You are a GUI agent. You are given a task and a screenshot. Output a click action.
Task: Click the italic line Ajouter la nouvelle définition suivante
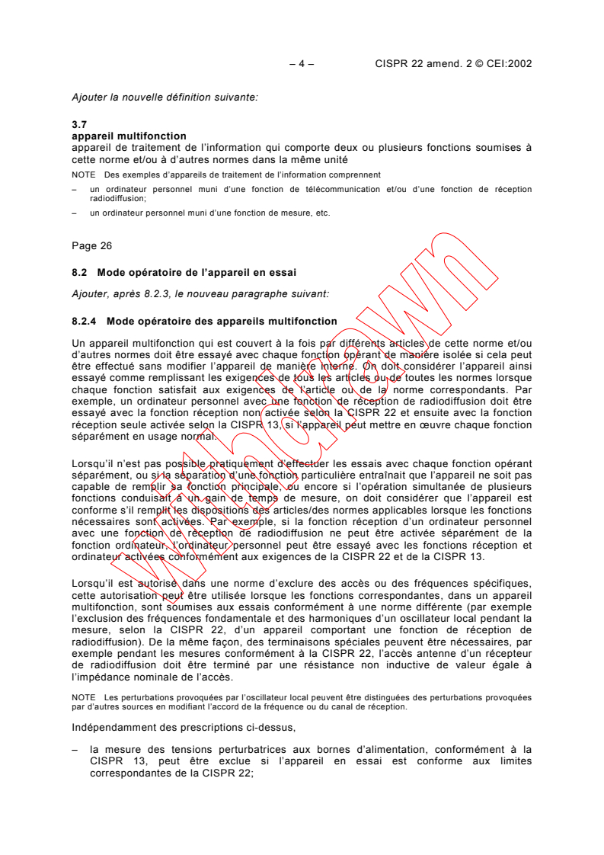click(x=165, y=97)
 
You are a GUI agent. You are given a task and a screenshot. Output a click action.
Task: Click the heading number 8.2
click(x=80, y=272)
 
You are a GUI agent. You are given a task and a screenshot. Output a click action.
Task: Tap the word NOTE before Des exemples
click(x=83, y=175)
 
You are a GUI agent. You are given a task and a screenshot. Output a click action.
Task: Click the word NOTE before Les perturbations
click(x=83, y=696)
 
